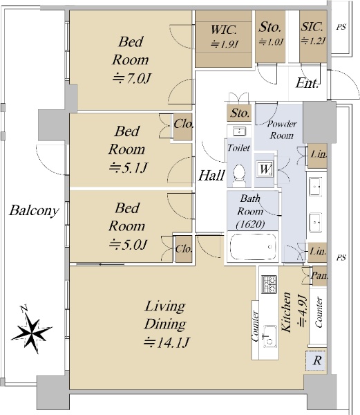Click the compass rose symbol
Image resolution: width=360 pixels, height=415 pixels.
pyautogui.click(x=32, y=330)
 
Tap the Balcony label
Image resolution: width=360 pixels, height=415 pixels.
pyautogui.click(x=34, y=211)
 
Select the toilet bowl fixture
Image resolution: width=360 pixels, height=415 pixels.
pyautogui.click(x=239, y=174)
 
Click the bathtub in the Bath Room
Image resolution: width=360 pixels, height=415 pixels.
pyautogui.click(x=253, y=247)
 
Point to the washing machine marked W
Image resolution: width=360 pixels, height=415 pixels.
pyautogui.click(x=265, y=169)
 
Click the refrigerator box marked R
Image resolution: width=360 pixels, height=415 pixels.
pyautogui.click(x=316, y=360)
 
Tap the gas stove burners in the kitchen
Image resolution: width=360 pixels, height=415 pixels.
pyautogui.click(x=269, y=284)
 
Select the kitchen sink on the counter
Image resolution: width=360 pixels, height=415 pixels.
pyautogui.click(x=269, y=337)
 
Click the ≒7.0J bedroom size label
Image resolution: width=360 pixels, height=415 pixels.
pyautogui.click(x=131, y=79)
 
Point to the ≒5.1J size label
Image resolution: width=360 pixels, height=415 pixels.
pyautogui.click(x=128, y=168)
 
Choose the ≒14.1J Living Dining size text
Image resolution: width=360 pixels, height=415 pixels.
pyautogui.click(x=167, y=342)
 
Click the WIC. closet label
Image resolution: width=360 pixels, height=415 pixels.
pyautogui.click(x=223, y=29)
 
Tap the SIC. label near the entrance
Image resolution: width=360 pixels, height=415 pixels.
pyautogui.click(x=312, y=27)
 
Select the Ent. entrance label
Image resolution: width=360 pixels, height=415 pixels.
pyautogui.click(x=307, y=83)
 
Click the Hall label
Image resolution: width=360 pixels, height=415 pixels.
pyautogui.click(x=211, y=175)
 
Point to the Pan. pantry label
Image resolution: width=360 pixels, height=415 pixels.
pyautogui.click(x=319, y=275)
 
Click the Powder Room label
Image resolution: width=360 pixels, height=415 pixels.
pyautogui.click(x=282, y=130)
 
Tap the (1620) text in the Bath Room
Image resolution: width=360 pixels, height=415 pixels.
pyautogui.click(x=250, y=224)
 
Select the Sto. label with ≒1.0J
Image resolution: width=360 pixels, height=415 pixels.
pyautogui.click(x=270, y=34)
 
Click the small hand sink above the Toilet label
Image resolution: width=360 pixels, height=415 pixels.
pyautogui.click(x=240, y=131)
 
